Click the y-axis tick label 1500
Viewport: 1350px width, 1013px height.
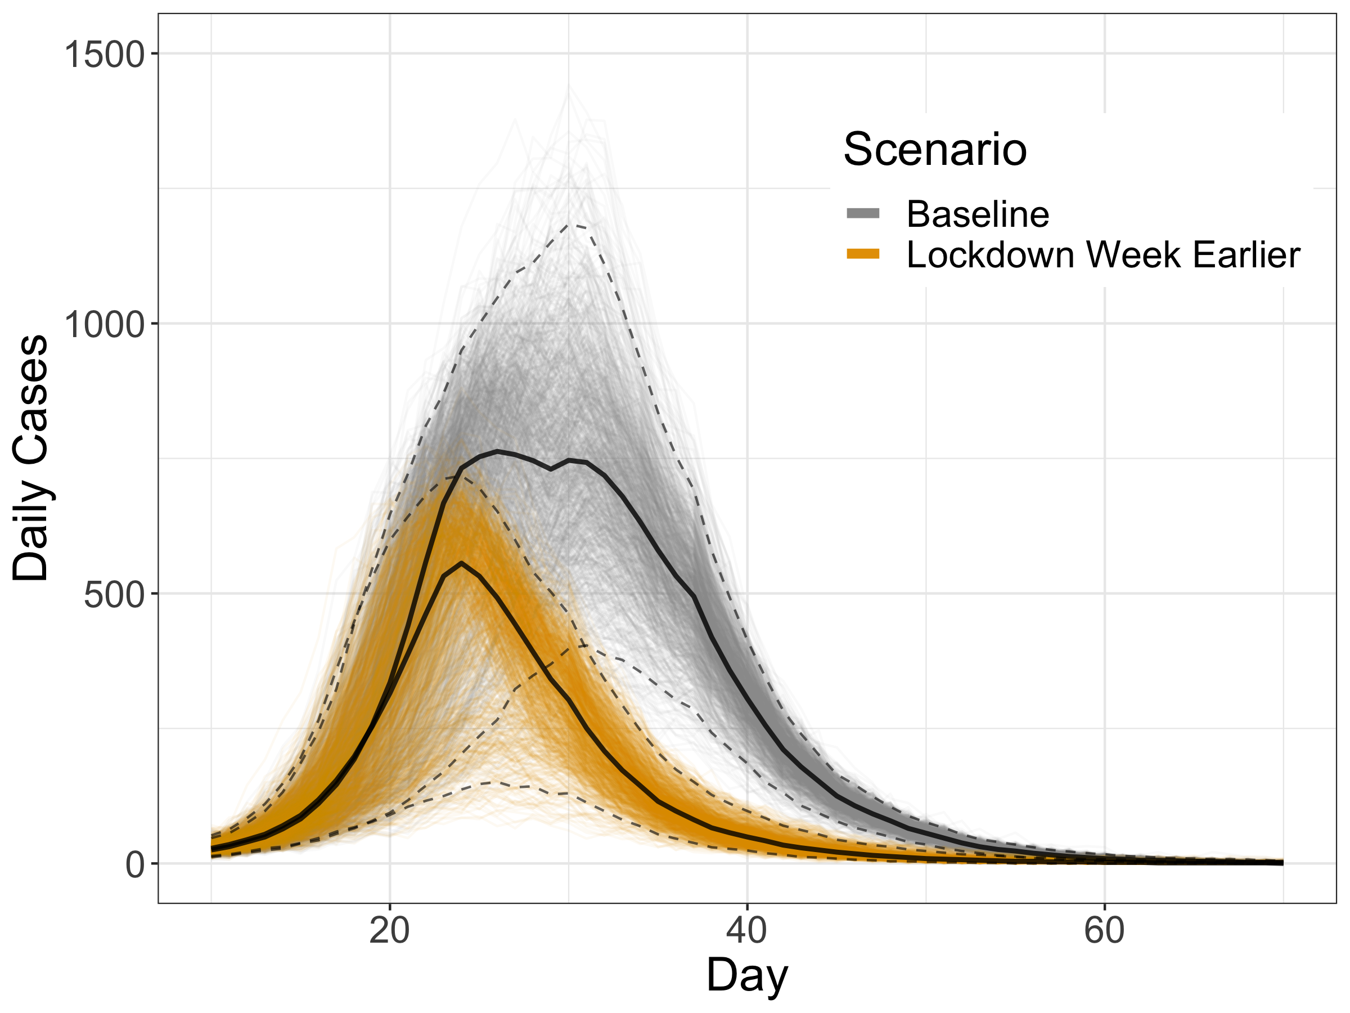[x=103, y=55]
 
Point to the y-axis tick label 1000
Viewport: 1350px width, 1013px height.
[x=103, y=324]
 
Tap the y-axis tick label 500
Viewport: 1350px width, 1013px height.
[x=114, y=595]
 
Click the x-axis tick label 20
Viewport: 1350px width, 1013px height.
[x=389, y=931]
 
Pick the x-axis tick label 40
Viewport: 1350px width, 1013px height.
[x=746, y=931]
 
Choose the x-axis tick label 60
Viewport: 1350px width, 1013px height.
[x=1104, y=931]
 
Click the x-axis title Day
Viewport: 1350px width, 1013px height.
[x=746, y=975]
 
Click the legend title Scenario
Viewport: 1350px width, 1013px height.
[x=934, y=150]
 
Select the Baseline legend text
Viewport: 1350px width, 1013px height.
[x=978, y=214]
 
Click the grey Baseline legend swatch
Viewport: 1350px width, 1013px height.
[x=863, y=213]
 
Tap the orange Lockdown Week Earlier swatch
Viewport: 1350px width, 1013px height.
[x=863, y=254]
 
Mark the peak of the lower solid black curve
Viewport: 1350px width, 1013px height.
[x=462, y=563]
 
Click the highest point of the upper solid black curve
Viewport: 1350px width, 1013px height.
[x=498, y=451]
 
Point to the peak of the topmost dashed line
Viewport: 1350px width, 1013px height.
[x=570, y=225]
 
